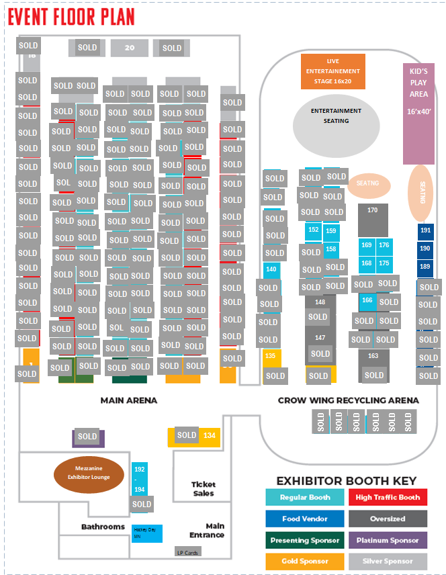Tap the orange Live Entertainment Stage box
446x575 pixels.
[332, 71]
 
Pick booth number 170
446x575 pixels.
[373, 211]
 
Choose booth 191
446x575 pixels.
[425, 230]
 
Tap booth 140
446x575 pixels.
[271, 269]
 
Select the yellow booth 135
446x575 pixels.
[271, 356]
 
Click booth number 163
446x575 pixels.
[373, 356]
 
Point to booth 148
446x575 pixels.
[320, 302]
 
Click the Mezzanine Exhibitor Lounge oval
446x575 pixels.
[89, 473]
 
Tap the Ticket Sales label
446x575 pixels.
[204, 488]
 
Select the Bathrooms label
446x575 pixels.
[103, 527]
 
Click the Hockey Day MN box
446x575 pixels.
[146, 533]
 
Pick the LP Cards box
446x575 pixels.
[187, 552]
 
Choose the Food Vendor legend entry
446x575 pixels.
[306, 519]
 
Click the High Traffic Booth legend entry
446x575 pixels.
[388, 498]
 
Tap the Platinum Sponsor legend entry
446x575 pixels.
[388, 540]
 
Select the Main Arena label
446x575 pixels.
[129, 400]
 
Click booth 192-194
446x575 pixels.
[139, 480]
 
